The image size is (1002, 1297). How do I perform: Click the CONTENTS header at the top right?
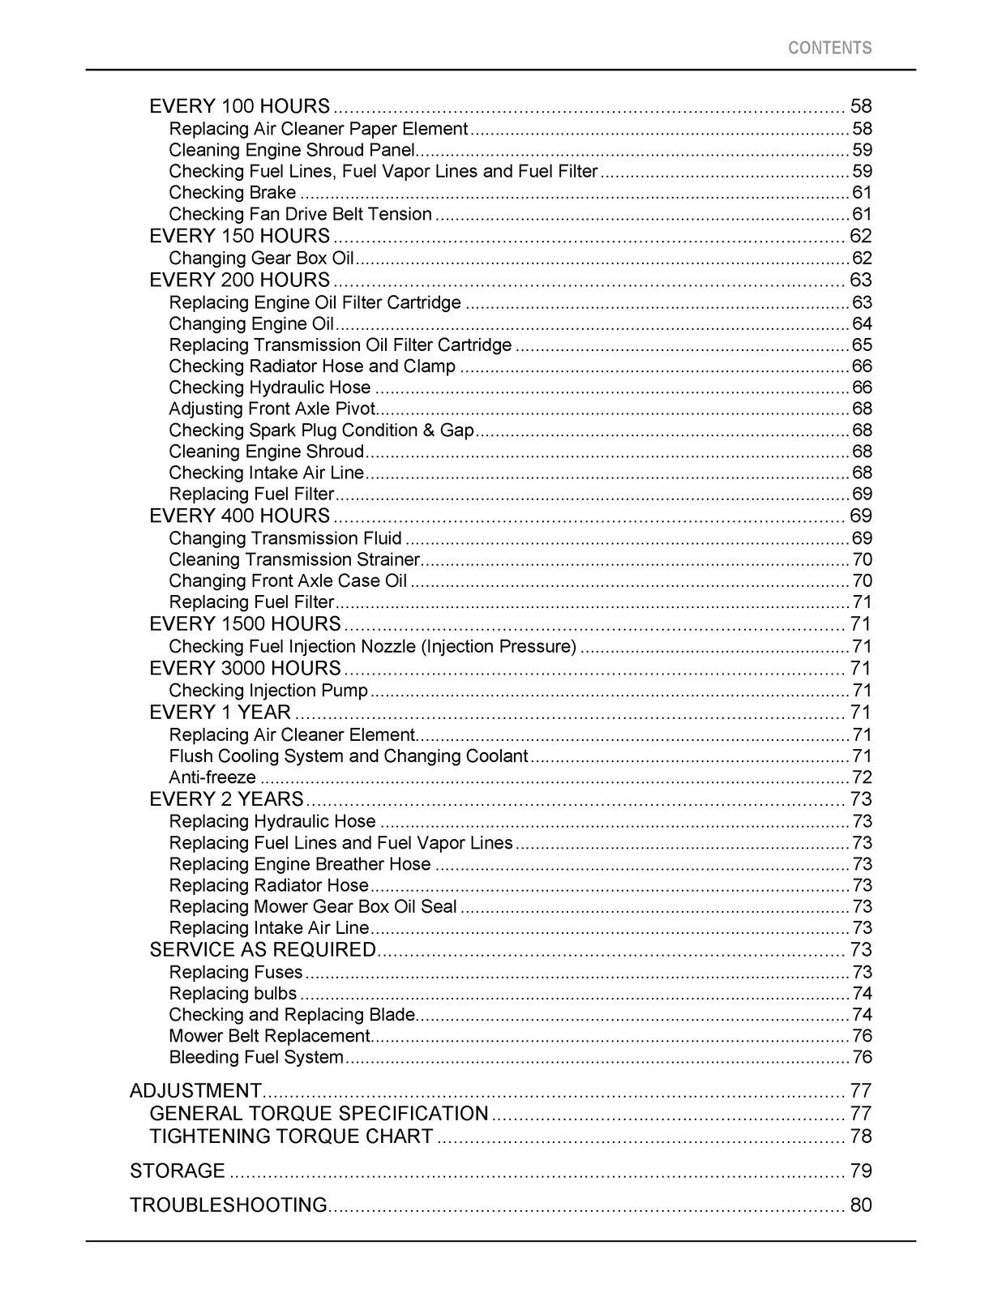click(829, 48)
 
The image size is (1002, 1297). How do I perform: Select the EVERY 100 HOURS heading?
click(240, 106)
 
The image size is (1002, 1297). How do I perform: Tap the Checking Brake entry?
click(233, 193)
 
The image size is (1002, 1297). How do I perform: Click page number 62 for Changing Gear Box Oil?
click(862, 259)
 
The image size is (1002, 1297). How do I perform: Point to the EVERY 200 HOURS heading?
click(240, 280)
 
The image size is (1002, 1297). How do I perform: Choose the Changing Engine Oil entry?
click(251, 324)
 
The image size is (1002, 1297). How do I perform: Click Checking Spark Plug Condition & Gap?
click(321, 430)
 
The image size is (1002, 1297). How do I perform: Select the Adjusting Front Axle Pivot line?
click(272, 409)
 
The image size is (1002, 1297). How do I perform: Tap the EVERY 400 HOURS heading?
click(240, 516)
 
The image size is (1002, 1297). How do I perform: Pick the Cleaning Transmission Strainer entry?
click(294, 560)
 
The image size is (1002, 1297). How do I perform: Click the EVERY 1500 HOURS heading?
click(245, 624)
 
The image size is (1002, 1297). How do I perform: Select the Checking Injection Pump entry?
click(268, 691)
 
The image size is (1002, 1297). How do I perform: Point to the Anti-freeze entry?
click(212, 778)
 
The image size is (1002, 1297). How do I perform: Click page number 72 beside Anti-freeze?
click(862, 778)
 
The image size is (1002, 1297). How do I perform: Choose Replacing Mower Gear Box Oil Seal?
click(313, 907)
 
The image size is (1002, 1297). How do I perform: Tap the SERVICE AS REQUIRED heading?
click(263, 950)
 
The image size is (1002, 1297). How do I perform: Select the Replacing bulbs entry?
click(233, 994)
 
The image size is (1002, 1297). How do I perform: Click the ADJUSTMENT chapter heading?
click(195, 1091)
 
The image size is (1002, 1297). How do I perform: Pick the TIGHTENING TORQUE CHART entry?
click(291, 1136)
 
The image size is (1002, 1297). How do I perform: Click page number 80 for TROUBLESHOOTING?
click(861, 1205)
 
